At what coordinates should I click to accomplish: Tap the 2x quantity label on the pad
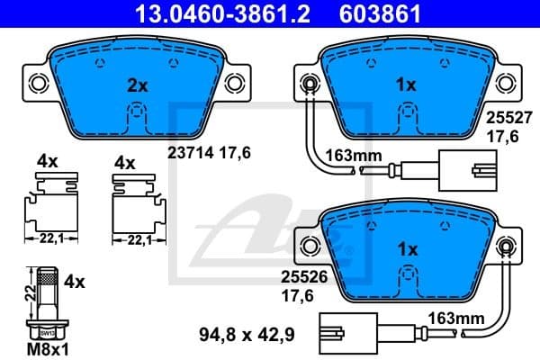click(136, 86)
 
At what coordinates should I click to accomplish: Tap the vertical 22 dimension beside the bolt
click(29, 289)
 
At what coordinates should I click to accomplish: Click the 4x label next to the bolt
click(76, 283)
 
